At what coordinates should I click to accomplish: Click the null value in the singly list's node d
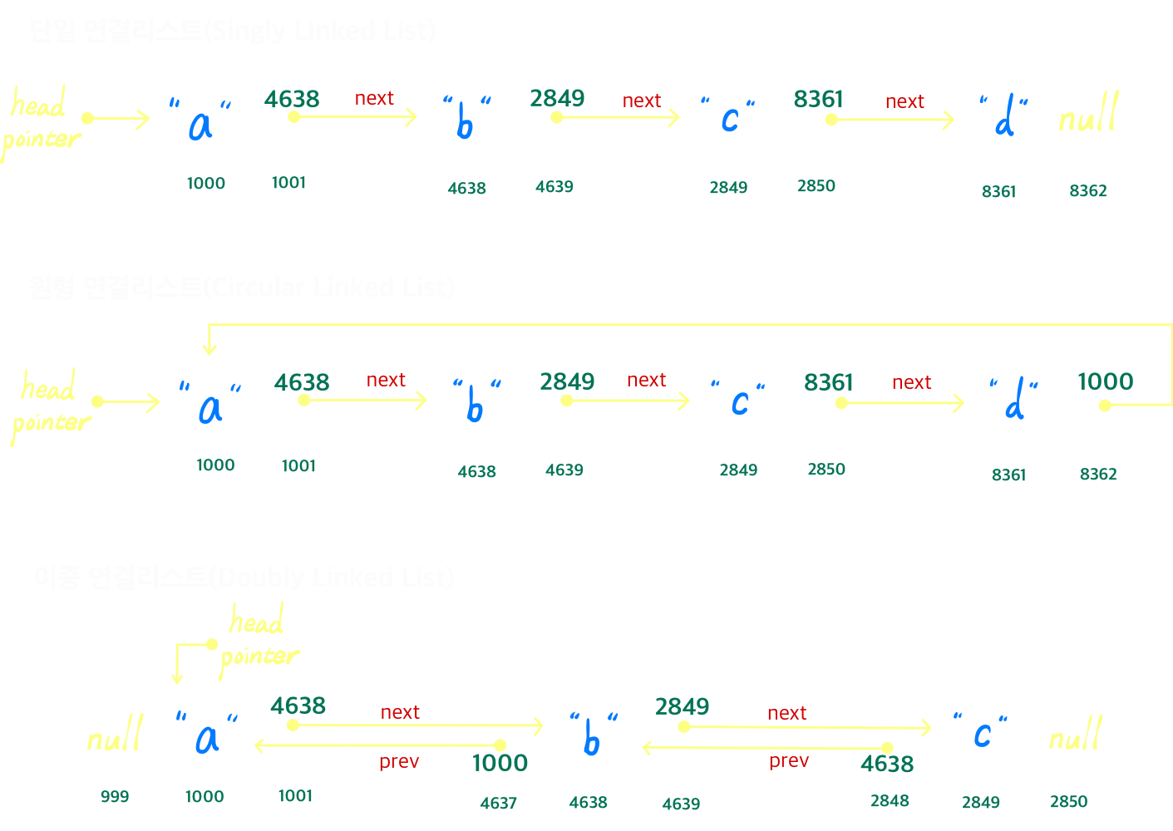(x=1088, y=116)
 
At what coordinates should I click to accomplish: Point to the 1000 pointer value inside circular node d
(x=1105, y=381)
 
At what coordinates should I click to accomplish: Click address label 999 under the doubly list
(x=115, y=796)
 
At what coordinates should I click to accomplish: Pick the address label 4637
(x=498, y=803)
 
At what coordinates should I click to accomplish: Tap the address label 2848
(x=890, y=801)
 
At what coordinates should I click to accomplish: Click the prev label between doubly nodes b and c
(x=788, y=760)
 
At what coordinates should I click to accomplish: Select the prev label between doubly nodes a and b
(x=399, y=761)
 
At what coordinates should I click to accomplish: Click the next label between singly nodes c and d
(x=904, y=101)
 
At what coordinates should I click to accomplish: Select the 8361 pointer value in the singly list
(x=818, y=99)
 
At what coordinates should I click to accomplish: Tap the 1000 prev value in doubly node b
(x=500, y=763)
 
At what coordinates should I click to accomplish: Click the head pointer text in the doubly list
(x=259, y=640)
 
